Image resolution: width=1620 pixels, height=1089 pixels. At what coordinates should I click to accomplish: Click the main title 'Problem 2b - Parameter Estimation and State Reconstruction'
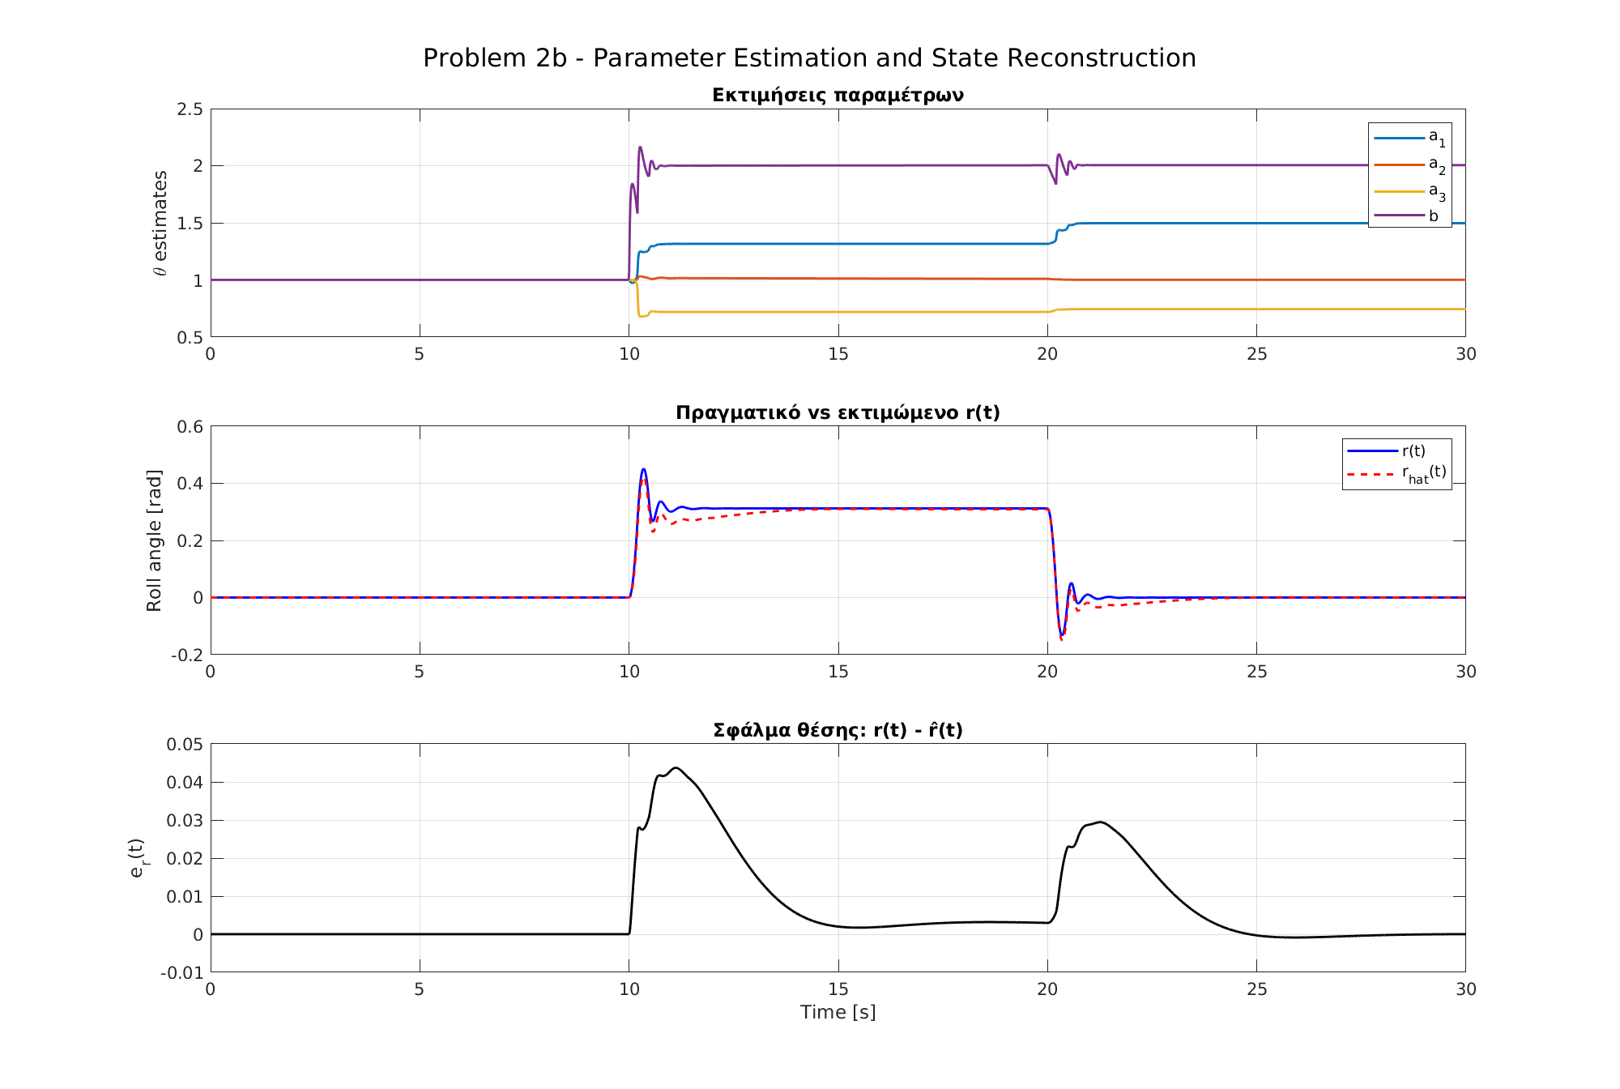tap(809, 58)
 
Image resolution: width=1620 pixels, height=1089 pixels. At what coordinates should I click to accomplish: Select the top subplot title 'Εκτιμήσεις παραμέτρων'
tap(838, 96)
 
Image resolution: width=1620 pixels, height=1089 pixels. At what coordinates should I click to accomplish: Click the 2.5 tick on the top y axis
tap(190, 109)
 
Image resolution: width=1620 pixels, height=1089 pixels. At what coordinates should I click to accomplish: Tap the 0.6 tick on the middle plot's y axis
tap(190, 427)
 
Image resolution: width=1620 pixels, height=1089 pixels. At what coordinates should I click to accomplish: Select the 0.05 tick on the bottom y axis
tap(185, 745)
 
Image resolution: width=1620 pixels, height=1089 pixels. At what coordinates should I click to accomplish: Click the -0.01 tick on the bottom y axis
tap(182, 972)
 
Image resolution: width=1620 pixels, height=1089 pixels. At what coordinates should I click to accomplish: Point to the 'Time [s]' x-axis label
tap(838, 1012)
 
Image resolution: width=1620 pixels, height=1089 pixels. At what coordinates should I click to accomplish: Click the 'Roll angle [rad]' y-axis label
tap(155, 540)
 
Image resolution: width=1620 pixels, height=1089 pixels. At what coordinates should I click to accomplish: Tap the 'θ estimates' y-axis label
tap(160, 223)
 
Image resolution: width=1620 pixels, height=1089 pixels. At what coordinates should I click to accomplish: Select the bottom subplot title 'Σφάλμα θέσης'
tap(838, 730)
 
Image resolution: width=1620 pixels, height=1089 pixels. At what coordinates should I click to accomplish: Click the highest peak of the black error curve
tap(676, 767)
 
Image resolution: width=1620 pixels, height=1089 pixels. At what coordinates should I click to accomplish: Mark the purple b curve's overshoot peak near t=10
tap(640, 147)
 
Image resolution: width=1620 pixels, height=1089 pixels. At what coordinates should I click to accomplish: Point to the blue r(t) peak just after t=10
tap(643, 469)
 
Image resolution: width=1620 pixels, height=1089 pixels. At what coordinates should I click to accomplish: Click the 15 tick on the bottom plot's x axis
tap(838, 989)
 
